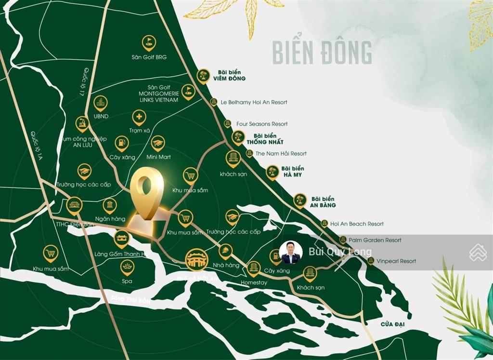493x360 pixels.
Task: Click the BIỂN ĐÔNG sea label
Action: click(322, 53)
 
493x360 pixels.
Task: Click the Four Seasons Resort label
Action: click(261, 124)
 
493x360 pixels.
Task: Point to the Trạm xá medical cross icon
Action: click(139, 117)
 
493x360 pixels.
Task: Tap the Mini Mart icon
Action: click(158, 143)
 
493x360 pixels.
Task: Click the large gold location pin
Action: click(147, 193)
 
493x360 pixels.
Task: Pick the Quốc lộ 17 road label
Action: click(83, 82)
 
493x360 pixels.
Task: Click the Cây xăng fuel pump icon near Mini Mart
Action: click(122, 142)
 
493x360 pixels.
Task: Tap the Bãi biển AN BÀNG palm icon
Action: click(300, 200)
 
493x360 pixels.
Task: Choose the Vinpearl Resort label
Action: click(396, 261)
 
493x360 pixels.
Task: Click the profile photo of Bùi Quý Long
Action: click(291, 252)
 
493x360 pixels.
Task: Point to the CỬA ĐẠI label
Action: click(392, 324)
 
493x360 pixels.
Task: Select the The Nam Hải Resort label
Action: click(281, 153)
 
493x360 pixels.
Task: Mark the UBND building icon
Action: click(101, 103)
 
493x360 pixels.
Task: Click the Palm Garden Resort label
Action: click(375, 240)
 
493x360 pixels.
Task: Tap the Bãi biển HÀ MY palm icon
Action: click(272, 172)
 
